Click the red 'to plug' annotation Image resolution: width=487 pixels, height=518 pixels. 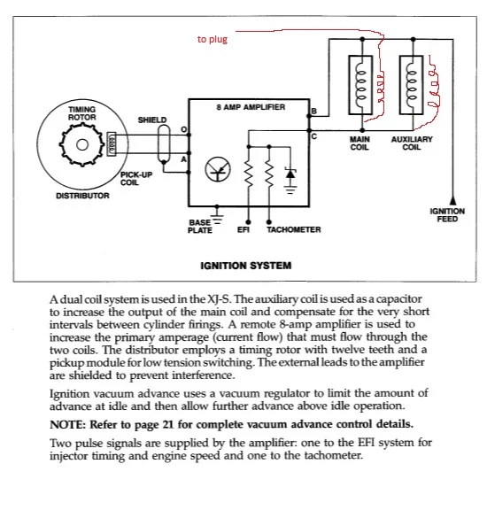213,39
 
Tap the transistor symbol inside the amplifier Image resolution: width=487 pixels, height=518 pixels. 218,169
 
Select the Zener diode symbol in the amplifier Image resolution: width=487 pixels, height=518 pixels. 290,174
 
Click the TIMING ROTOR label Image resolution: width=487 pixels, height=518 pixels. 82,113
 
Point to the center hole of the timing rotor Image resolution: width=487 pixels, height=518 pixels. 82,144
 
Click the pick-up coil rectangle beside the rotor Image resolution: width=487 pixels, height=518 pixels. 112,143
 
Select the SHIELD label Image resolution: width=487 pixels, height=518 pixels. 152,120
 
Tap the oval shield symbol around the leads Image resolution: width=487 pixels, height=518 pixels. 164,144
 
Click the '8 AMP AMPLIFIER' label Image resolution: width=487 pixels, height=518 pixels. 251,107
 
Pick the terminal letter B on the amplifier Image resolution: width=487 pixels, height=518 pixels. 313,111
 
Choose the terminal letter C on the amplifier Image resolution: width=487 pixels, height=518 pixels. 313,136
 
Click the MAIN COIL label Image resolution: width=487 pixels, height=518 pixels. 359,143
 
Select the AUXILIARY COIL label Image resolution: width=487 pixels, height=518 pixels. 412,143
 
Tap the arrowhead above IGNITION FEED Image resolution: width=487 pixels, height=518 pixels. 453,200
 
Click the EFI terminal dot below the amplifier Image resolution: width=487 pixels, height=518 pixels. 249,222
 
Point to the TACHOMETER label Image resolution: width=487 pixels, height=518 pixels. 294,229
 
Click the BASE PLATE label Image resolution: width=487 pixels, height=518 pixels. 200,227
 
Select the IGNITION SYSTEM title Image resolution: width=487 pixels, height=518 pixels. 246,266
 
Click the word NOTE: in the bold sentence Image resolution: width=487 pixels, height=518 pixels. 67,424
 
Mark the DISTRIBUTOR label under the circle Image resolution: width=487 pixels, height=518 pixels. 82,196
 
